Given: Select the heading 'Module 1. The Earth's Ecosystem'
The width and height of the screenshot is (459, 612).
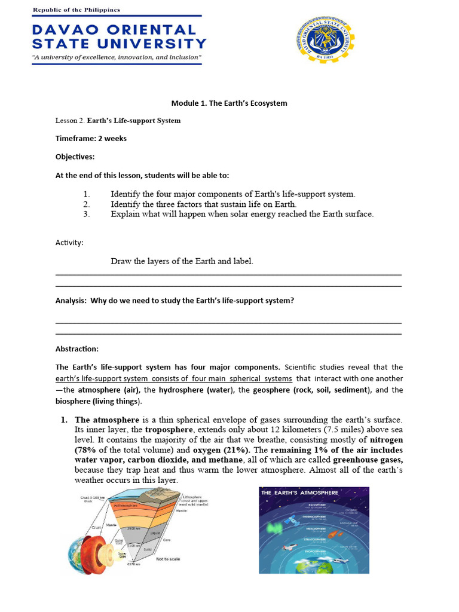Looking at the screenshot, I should click(221, 103).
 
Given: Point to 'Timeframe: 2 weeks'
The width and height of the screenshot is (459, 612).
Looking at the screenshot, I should click(91, 139).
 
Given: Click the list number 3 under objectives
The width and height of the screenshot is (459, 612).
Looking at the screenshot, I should click(86, 214).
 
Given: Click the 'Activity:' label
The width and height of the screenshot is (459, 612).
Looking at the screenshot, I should click(69, 243).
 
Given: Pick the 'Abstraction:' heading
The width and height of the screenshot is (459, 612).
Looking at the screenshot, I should click(77, 349).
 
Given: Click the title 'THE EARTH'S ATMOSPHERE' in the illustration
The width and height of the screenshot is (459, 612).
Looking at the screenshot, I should click(299, 492).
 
